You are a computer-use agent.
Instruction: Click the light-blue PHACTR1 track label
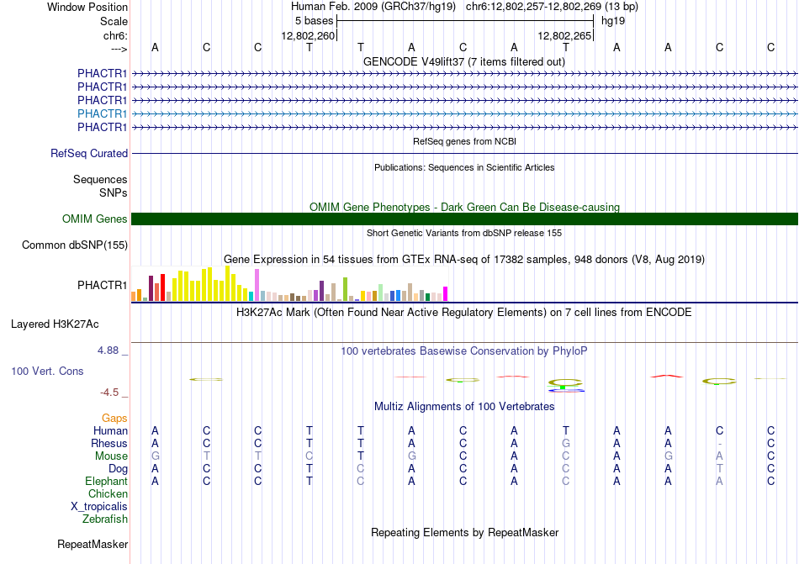coord(102,113)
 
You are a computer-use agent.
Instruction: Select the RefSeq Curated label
coord(89,153)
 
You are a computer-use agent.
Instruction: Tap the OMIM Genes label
coord(95,219)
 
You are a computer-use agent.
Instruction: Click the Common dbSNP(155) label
coord(75,245)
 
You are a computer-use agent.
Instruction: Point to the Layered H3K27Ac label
coord(55,324)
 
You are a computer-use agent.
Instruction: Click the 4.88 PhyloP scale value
coord(108,351)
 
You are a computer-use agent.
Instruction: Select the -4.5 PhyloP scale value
coord(109,392)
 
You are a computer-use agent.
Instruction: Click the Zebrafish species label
coord(105,519)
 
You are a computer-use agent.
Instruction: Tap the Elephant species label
coord(107,481)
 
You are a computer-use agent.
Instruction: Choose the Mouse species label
coord(111,456)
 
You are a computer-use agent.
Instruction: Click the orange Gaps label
coord(114,418)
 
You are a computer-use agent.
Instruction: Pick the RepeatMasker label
coord(93,544)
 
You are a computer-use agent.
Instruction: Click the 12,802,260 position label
coord(309,35)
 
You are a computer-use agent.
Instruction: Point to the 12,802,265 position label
coord(564,35)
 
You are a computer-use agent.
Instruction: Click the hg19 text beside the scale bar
coord(613,21)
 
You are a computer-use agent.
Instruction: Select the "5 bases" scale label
coord(314,21)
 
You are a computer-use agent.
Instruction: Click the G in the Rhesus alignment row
coord(566,443)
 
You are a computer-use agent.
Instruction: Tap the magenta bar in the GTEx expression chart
coord(446,294)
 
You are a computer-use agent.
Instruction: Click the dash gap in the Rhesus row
coord(719,444)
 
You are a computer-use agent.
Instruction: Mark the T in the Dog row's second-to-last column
coord(719,469)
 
